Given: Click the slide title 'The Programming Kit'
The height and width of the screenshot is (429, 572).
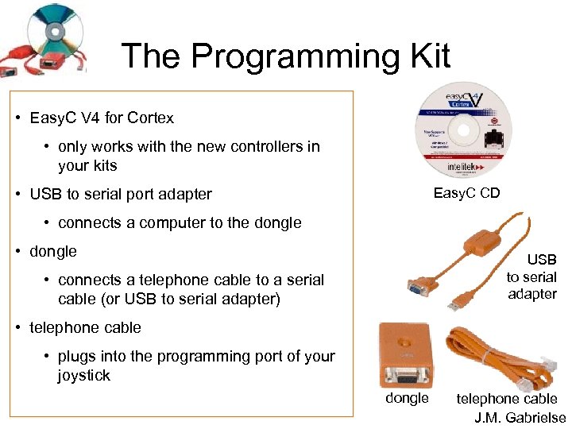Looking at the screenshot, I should pos(285,57).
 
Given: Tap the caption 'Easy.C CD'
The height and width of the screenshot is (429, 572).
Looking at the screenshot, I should pos(466,193).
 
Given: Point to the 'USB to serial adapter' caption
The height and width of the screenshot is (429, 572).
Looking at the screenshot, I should pos(531,276).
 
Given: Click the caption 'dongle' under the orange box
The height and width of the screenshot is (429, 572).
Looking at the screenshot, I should pos(407,398).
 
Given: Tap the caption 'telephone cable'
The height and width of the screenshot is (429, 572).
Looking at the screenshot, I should pos(506,399).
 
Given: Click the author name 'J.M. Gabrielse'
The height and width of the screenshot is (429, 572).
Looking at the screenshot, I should pos(520,417).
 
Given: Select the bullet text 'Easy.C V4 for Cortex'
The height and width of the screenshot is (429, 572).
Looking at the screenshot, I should pos(102,118).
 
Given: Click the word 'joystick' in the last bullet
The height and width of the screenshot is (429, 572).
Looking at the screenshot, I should pos(84,376).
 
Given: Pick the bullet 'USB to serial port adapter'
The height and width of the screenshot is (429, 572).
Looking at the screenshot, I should pos(121,195).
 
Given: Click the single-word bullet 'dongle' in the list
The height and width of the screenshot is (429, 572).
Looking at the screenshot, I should pos(53,252).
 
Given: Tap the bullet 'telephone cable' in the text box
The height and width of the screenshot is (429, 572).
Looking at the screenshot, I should pos(85,327).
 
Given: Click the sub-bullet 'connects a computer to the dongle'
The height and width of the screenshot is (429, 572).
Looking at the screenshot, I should pos(180,223).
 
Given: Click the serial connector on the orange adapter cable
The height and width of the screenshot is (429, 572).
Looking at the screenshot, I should pos(416,287).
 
